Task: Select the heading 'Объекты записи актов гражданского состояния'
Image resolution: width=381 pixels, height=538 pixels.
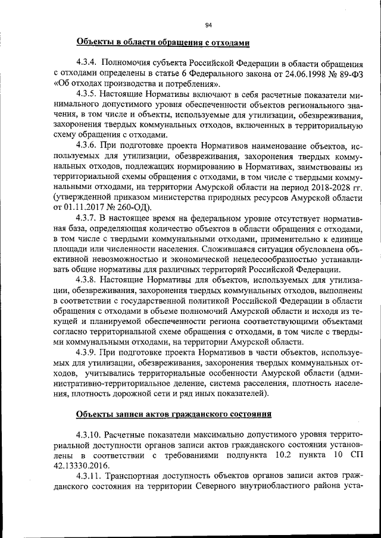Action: pyautogui.click(x=174, y=414)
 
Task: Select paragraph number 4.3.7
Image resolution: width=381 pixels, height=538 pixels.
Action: pyautogui.click(x=86, y=218)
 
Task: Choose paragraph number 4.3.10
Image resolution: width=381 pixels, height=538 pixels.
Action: pyautogui.click(x=88, y=435)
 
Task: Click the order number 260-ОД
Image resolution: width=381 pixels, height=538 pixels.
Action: pyautogui.click(x=134, y=207)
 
